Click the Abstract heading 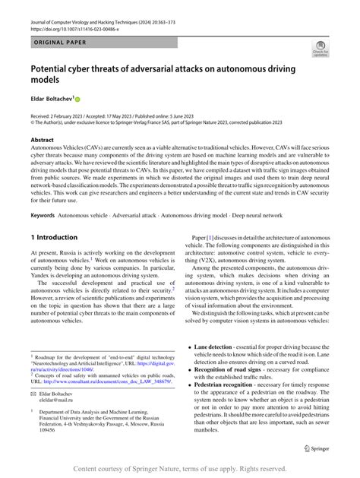point(42,141)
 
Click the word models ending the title point(46,81)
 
